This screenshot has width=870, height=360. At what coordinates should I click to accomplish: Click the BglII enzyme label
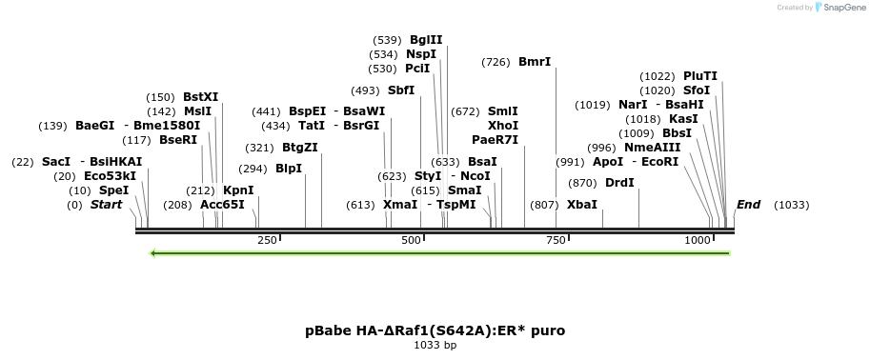click(426, 40)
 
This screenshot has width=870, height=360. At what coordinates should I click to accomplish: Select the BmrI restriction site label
click(535, 62)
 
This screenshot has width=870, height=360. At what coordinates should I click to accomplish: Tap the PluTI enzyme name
click(700, 76)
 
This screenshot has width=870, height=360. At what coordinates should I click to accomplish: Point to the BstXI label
click(201, 97)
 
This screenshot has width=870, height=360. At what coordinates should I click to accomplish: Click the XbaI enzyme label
click(581, 205)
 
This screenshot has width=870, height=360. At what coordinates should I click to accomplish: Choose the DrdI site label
click(619, 183)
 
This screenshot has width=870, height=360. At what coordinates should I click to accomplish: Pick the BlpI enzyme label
click(288, 169)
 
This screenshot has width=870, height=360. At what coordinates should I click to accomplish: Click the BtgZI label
click(300, 148)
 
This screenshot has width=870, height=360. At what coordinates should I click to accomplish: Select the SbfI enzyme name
click(401, 90)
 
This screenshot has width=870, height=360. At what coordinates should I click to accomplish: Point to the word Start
click(112, 205)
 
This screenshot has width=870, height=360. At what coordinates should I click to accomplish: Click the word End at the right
click(749, 205)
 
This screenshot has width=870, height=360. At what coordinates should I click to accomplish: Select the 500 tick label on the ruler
click(412, 240)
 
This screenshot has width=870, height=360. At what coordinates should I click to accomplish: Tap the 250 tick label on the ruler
click(266, 240)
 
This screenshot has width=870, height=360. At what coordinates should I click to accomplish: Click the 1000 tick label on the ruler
click(698, 240)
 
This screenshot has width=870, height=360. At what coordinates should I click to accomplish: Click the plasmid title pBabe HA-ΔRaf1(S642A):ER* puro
click(435, 330)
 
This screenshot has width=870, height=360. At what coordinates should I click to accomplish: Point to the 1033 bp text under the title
click(435, 345)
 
